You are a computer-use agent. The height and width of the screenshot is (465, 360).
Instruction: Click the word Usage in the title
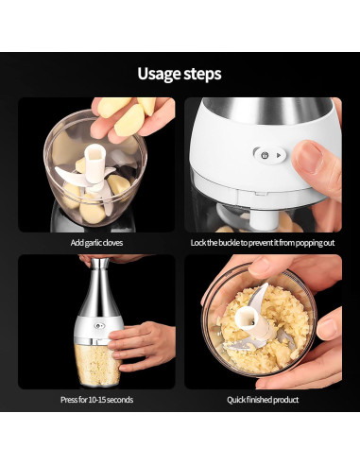click(x=159, y=75)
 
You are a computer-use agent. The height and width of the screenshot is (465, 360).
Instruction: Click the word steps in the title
click(x=202, y=74)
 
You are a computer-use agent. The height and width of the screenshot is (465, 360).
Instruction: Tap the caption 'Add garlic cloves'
click(x=96, y=243)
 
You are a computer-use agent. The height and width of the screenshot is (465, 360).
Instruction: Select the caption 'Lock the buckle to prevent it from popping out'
click(x=263, y=243)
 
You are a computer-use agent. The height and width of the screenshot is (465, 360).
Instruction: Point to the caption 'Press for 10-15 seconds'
click(x=96, y=400)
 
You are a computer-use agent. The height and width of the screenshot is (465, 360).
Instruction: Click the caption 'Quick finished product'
click(x=263, y=400)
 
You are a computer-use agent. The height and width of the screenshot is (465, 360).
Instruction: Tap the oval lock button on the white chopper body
click(x=270, y=155)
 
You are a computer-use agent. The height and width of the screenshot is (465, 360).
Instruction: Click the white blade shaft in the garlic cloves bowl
click(x=94, y=163)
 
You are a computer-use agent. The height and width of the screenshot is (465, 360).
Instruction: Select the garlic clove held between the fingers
click(x=129, y=120)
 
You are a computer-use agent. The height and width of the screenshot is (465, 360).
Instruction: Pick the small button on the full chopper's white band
click(x=99, y=325)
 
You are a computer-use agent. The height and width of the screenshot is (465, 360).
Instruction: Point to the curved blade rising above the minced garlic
click(x=258, y=296)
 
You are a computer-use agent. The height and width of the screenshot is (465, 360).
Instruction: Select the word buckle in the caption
click(x=229, y=243)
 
